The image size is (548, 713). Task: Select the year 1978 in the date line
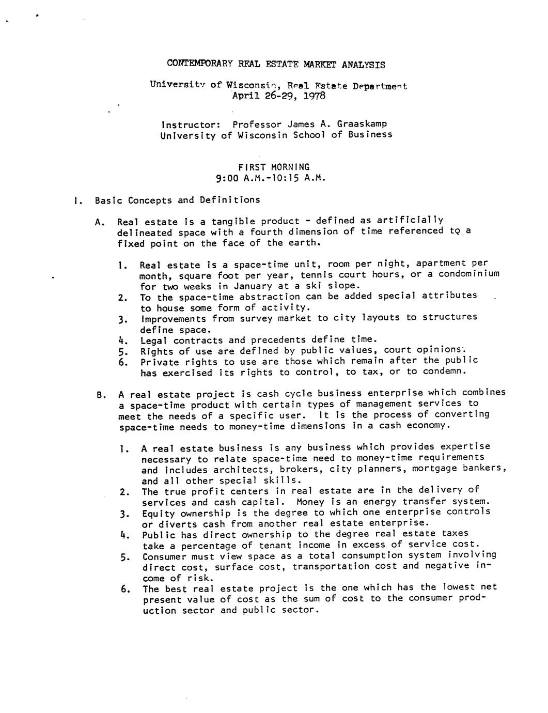coord(315,96)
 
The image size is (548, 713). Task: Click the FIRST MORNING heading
coord(274,167)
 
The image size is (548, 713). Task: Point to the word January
coord(253,286)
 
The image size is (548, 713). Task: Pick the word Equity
coord(159,514)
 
